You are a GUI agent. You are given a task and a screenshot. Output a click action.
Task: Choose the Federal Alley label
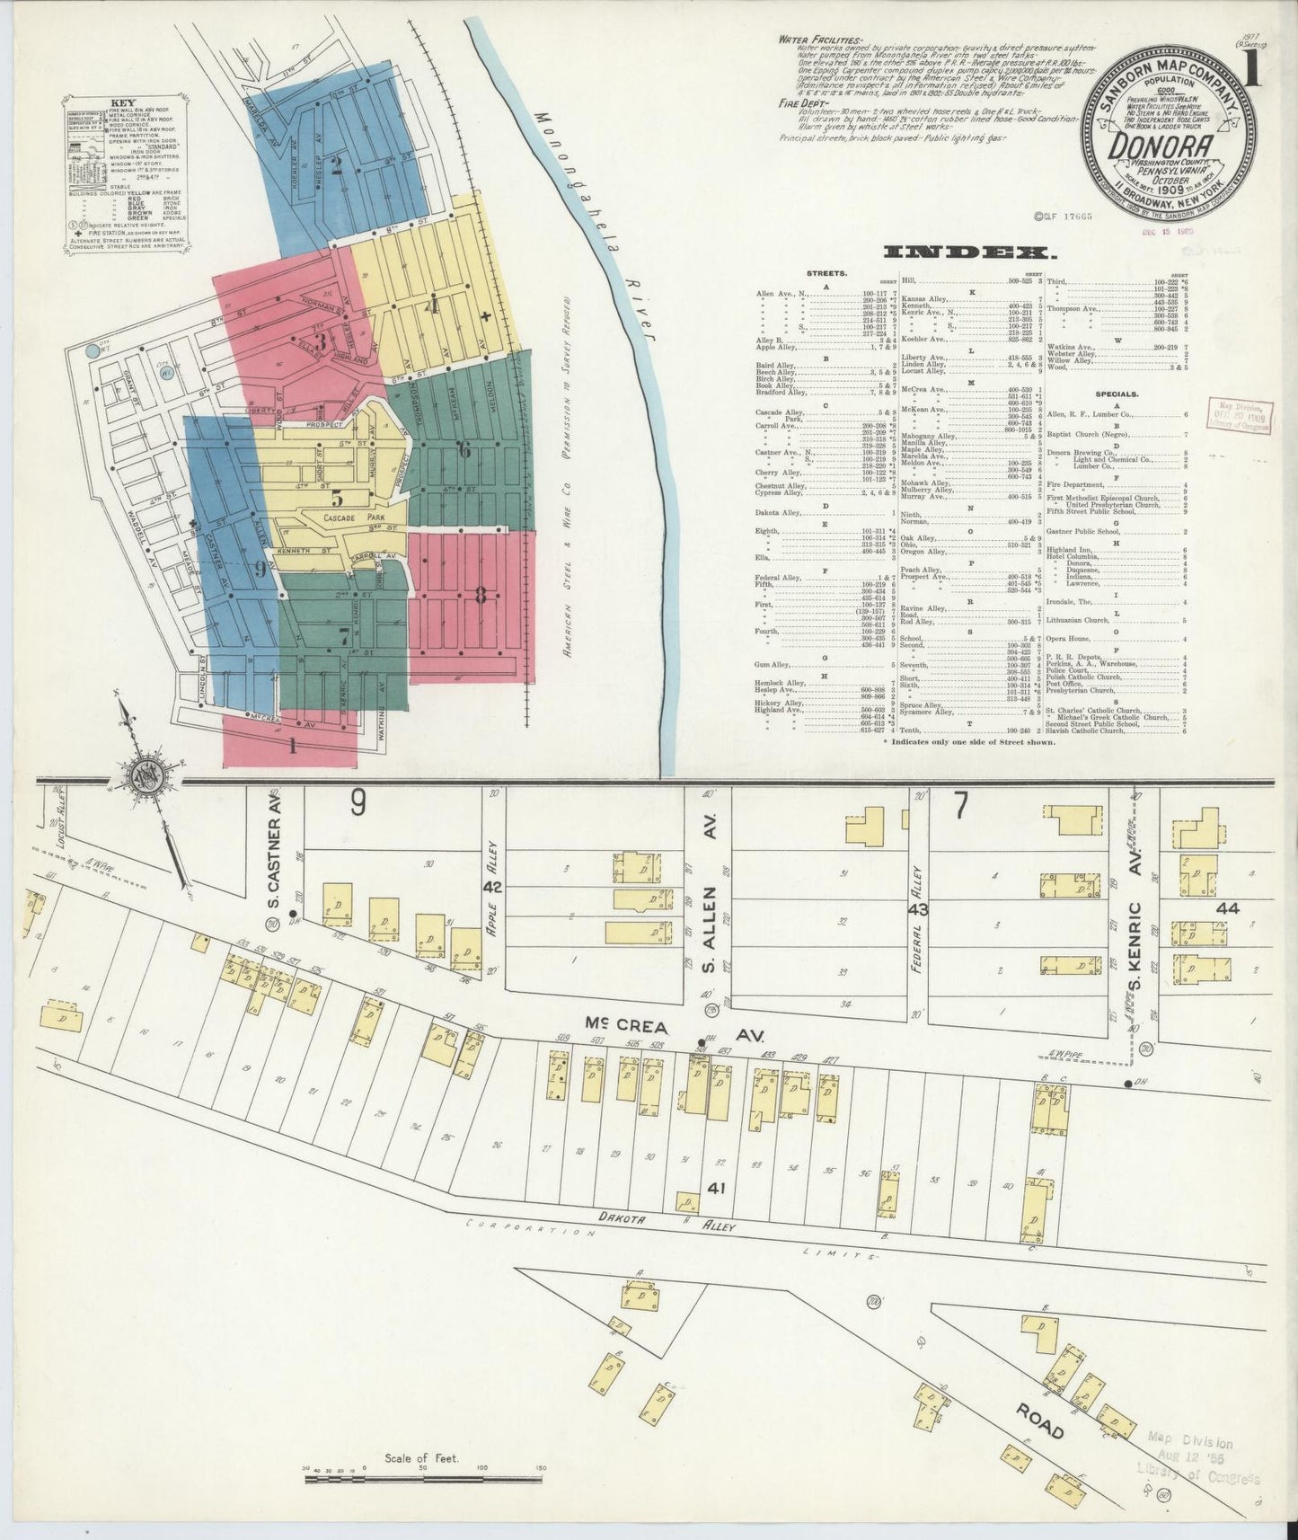tap(918, 948)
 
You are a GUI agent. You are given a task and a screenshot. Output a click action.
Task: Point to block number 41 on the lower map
tap(716, 1188)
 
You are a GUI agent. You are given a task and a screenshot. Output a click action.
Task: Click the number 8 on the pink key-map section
tap(481, 595)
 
